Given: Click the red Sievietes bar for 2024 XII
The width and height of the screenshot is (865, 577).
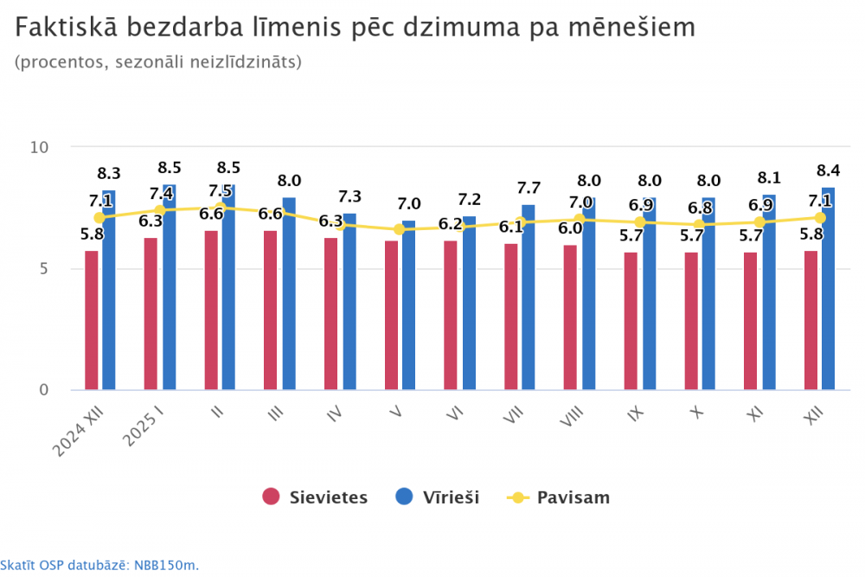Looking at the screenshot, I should click(x=91, y=320).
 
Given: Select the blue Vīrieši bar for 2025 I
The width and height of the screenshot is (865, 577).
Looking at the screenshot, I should click(x=169, y=294).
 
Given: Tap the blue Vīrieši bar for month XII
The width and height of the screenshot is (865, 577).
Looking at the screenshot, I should click(x=828, y=289).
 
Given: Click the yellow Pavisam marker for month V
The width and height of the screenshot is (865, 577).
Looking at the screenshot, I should click(x=399, y=229).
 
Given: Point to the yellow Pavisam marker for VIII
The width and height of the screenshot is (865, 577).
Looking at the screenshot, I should click(x=579, y=220).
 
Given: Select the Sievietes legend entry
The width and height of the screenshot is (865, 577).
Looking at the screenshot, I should click(x=315, y=497).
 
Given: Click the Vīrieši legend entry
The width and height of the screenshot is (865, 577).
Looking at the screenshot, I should click(x=437, y=497).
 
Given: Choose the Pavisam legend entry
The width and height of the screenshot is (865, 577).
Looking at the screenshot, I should click(x=560, y=497).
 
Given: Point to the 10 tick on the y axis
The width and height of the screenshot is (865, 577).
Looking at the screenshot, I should click(x=40, y=147).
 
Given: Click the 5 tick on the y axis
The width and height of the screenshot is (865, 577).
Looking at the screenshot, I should click(x=44, y=268).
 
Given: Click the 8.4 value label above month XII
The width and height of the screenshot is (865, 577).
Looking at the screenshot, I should click(x=828, y=170).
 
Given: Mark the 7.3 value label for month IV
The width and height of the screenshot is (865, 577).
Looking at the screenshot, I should click(x=349, y=197).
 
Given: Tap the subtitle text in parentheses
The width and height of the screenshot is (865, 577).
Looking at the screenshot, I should click(x=157, y=61).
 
